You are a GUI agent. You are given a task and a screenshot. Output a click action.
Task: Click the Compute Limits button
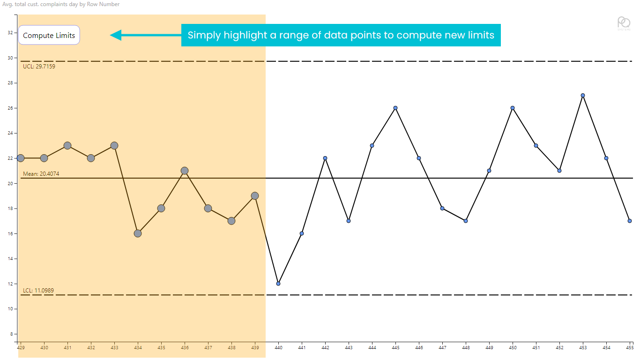click(x=49, y=36)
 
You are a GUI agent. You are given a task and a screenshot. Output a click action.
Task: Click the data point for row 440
click(x=278, y=284)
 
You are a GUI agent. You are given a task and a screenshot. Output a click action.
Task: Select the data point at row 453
click(x=583, y=95)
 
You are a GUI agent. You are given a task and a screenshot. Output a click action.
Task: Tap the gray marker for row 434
click(x=138, y=233)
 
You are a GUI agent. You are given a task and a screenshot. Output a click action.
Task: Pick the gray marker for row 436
click(x=185, y=171)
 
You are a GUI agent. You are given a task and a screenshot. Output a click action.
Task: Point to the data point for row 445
click(x=395, y=108)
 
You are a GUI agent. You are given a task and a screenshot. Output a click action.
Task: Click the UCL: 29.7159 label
click(x=39, y=67)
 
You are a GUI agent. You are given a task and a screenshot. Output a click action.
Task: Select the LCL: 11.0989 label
click(x=38, y=291)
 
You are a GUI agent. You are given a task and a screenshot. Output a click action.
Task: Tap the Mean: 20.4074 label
click(x=41, y=174)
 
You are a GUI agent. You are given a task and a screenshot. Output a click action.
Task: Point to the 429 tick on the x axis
click(x=21, y=348)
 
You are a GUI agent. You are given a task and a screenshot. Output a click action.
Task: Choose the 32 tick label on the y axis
click(x=10, y=33)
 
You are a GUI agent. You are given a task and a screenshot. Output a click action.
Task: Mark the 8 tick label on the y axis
click(x=11, y=334)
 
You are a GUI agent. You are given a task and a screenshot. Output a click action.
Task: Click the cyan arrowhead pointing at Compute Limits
click(x=116, y=35)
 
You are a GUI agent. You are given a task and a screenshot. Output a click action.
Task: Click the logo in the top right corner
click(x=624, y=23)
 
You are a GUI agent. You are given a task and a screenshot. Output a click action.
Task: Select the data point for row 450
click(x=513, y=108)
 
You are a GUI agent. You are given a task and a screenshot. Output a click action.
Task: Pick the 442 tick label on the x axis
click(x=325, y=348)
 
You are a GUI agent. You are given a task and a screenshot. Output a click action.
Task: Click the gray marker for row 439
click(x=255, y=195)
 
